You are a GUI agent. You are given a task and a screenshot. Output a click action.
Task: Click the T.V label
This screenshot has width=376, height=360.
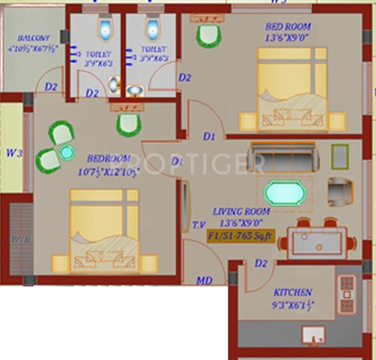[x=200, y=225]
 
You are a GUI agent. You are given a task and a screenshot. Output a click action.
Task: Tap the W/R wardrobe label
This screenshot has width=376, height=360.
[x=17, y=241]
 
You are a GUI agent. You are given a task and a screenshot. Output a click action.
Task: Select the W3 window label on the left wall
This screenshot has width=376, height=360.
[x=13, y=153]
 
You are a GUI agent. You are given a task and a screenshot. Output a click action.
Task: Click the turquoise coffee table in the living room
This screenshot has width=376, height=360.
[x=286, y=192]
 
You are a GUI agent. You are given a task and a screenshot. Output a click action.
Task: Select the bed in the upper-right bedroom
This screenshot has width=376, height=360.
[x=292, y=90]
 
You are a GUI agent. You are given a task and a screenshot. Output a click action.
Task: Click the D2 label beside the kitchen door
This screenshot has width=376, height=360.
[x=261, y=263]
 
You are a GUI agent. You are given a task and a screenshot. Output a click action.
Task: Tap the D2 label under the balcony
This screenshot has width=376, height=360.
[x=50, y=86]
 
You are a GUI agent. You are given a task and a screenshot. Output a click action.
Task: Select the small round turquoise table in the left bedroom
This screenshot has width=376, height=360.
[x=67, y=153]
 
